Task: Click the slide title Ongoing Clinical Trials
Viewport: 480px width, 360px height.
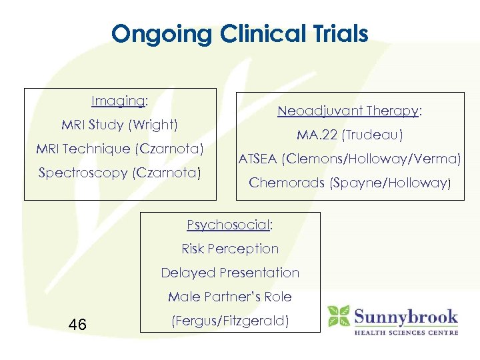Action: pos(240,33)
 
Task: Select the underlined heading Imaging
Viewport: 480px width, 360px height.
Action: pos(119,101)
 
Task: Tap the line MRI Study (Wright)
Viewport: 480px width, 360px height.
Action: pos(120,125)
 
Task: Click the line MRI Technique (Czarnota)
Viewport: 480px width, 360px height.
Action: pos(120,148)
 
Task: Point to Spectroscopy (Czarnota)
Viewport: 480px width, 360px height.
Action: pos(119,173)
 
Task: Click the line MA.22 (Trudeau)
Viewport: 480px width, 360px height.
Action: pos(350,135)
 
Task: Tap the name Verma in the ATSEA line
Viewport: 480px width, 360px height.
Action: pos(435,159)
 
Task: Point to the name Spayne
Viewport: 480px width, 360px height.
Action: pos(355,183)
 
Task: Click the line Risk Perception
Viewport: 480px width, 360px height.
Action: pos(230,249)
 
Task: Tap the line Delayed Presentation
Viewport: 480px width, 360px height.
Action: pos(230,273)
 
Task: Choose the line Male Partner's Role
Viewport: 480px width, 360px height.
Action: pos(230,297)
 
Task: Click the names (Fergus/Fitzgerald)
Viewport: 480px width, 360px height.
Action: pos(230,321)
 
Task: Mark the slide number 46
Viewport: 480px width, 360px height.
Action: pos(77,325)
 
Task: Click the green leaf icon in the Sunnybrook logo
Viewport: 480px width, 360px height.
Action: pos(338,316)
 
